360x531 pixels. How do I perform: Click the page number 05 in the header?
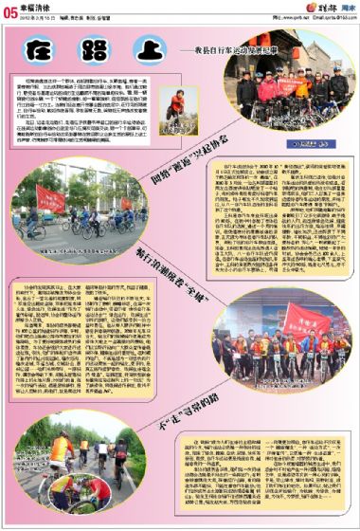[x=11, y=10]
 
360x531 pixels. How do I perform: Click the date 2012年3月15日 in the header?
[x=40, y=17]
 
